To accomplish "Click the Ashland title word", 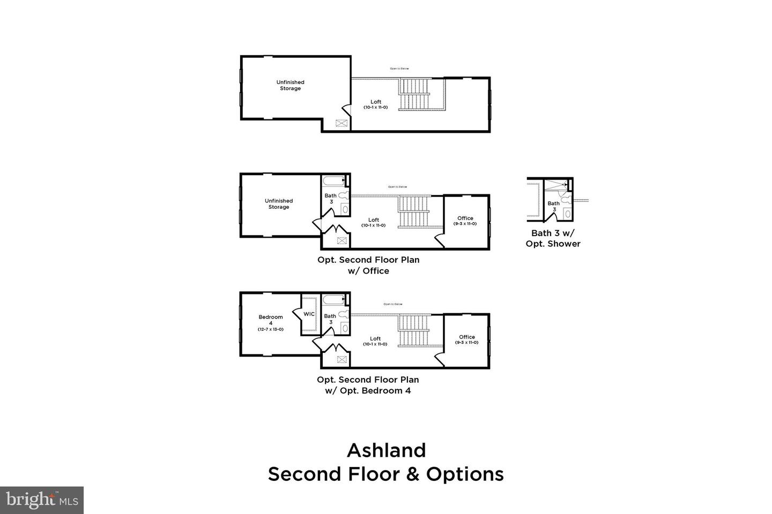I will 386,450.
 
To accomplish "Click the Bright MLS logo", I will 41,500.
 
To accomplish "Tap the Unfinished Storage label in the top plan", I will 290,85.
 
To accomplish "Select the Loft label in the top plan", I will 376,102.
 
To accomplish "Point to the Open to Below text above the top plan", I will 399,69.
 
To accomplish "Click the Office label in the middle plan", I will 465,218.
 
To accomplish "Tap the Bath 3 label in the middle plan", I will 331,198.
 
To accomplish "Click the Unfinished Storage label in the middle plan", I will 279,204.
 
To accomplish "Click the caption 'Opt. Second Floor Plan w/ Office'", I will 368,265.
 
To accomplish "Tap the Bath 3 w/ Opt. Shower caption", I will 556,238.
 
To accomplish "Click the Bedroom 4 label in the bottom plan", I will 270,320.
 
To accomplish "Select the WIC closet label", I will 309,314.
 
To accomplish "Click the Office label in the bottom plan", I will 466,337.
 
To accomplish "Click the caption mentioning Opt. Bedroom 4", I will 368,385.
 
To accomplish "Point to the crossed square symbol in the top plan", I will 342,123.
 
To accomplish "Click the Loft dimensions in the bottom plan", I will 375,344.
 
